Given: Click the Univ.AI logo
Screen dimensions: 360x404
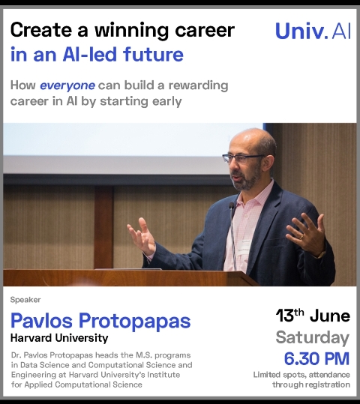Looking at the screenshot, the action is point(313,31).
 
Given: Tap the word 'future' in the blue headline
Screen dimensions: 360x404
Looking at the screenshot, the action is point(153,55).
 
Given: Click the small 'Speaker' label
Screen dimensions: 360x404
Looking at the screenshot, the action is point(25,300).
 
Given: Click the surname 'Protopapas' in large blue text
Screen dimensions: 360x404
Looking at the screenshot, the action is point(134,322).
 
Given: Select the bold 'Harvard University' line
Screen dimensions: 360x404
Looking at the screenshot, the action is point(59,338).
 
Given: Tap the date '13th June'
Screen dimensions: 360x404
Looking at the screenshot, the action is point(313,316).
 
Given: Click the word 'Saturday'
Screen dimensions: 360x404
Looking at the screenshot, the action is point(312,337).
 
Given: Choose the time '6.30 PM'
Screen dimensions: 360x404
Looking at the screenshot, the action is point(316,358).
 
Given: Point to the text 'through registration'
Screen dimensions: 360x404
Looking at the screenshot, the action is point(311,385).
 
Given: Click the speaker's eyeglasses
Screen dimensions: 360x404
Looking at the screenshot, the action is point(244,158).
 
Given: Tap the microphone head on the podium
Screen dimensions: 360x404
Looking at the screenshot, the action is point(232,205).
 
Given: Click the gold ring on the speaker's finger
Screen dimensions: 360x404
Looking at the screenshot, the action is point(301,237).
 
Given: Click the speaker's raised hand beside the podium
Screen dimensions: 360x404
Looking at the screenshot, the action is point(141,236).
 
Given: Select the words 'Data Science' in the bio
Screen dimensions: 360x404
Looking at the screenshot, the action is point(43,365).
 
